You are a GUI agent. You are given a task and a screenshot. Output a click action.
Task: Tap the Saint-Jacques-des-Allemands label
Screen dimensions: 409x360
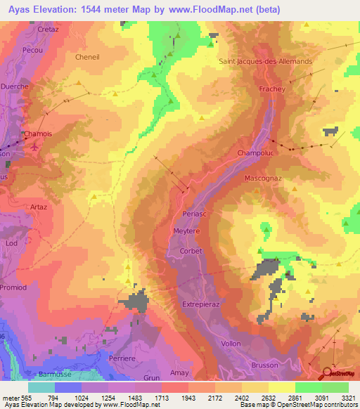[x=265, y=60]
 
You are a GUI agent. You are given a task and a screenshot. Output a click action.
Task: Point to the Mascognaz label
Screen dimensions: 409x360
[x=263, y=178]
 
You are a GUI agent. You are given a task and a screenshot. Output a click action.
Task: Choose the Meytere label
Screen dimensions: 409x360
[x=186, y=231]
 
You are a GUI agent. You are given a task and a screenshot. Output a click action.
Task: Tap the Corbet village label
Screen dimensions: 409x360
[x=191, y=251]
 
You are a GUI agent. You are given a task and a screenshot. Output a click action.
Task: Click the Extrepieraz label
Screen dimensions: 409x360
[x=202, y=304]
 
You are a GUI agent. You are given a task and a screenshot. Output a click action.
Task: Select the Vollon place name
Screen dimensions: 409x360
[x=231, y=343]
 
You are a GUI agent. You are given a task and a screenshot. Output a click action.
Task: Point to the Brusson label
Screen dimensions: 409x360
[x=264, y=365]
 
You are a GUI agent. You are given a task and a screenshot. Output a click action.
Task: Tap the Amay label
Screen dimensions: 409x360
[x=180, y=372]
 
